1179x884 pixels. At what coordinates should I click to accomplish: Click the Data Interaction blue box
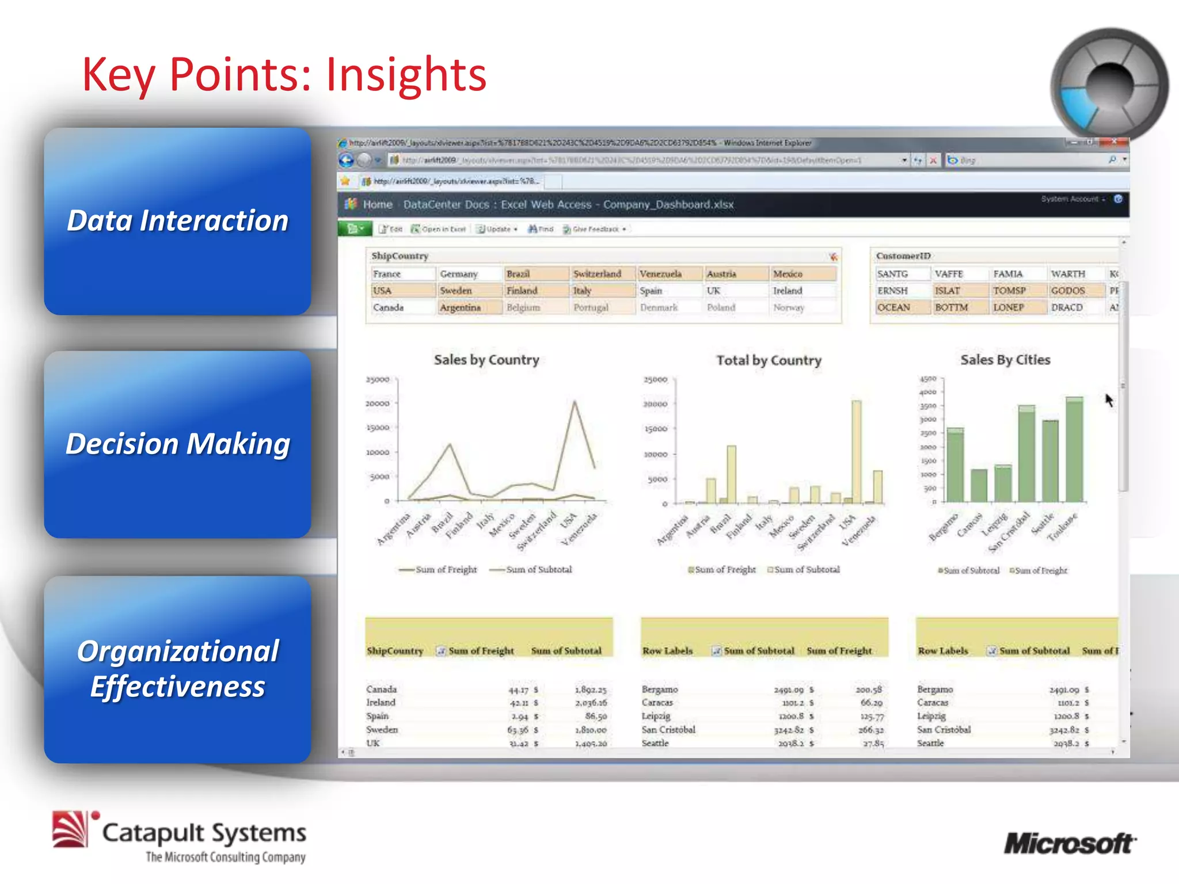177,221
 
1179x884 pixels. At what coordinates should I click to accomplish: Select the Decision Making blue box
177,444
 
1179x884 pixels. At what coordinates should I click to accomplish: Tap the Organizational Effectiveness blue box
177,669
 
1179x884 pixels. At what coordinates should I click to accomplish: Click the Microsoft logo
1070,844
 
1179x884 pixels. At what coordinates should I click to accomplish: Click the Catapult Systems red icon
71,829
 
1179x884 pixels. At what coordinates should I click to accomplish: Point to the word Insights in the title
406,75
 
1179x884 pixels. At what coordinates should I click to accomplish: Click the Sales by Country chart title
486,360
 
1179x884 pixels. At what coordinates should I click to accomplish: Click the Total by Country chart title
769,361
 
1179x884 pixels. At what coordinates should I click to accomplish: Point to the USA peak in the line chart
574,402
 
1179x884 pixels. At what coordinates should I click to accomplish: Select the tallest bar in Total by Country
857,452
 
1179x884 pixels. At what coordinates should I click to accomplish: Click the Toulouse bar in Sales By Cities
1074,449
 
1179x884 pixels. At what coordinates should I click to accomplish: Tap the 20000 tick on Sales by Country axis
378,403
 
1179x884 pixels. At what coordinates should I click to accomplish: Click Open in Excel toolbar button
439,229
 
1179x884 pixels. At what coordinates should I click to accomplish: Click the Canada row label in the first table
382,689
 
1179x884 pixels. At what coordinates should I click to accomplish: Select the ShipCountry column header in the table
395,651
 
